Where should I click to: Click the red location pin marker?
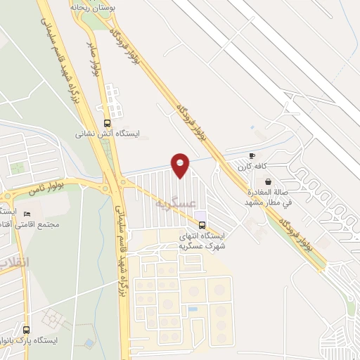[x=181, y=165]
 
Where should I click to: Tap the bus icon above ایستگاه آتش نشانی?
[x=106, y=121]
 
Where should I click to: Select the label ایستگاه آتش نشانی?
[x=108, y=132]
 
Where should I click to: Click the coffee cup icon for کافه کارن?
[x=252, y=155]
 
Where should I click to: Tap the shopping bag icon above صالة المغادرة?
[x=267, y=181]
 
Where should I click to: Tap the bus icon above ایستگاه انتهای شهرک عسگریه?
[x=202, y=226]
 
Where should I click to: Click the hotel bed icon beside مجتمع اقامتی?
[x=27, y=214]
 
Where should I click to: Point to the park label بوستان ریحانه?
[x=89, y=6]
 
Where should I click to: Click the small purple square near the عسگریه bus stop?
[x=201, y=214]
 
